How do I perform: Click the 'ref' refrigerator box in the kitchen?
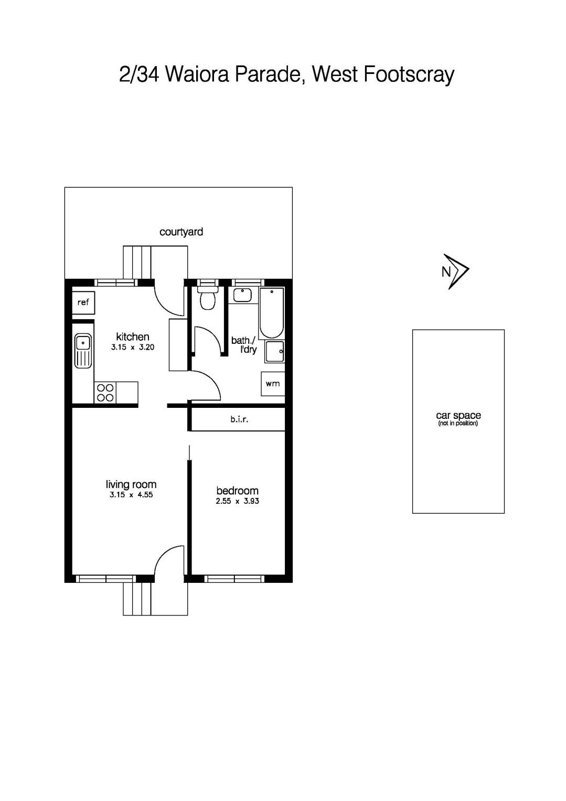click(83, 302)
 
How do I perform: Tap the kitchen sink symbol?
click(83, 350)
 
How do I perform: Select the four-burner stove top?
click(105, 393)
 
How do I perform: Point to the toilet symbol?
click(208, 298)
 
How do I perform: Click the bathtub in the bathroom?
click(271, 313)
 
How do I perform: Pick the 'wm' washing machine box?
click(273, 384)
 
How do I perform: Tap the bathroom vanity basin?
click(242, 295)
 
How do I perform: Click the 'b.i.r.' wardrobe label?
click(239, 419)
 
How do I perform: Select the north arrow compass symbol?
click(455, 271)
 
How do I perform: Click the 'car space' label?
click(458, 416)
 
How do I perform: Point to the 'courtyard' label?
click(181, 232)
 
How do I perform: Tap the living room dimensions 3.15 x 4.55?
click(131, 495)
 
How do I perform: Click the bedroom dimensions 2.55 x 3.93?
click(237, 501)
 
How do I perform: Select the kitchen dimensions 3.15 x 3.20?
click(133, 347)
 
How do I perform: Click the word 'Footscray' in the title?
click(408, 75)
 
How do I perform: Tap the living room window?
click(106, 579)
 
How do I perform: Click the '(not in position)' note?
click(458, 424)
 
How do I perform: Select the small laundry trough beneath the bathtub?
click(274, 352)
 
